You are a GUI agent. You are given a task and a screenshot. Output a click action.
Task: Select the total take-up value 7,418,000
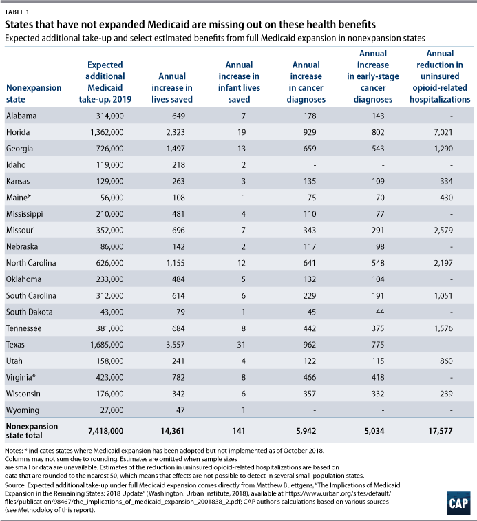100,430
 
